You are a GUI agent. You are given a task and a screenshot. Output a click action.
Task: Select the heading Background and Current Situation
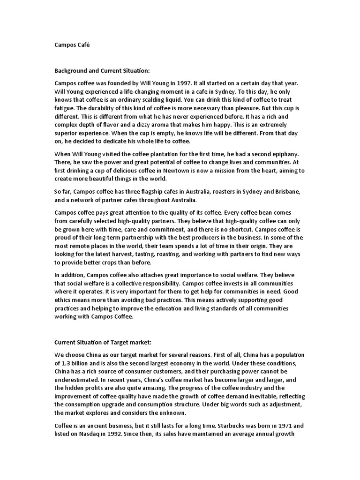click(x=102, y=71)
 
